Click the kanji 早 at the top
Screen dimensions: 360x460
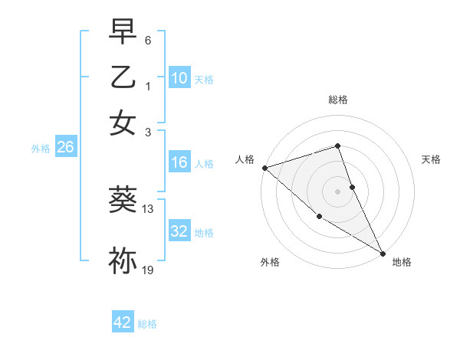coord(123,32)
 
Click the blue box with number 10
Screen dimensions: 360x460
coord(179,78)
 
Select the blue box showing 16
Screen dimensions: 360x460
coord(179,162)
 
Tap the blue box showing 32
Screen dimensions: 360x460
coord(179,231)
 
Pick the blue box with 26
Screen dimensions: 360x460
coord(65,148)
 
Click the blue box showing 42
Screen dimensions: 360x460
coord(123,322)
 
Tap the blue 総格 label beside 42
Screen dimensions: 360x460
coord(147,324)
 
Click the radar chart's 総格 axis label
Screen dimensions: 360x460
coord(338,100)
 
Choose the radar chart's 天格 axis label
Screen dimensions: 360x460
coord(432,159)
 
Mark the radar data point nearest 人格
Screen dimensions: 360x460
coord(264,167)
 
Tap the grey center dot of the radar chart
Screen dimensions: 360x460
coord(338,191)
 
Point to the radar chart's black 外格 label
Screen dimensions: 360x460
coord(270,262)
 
